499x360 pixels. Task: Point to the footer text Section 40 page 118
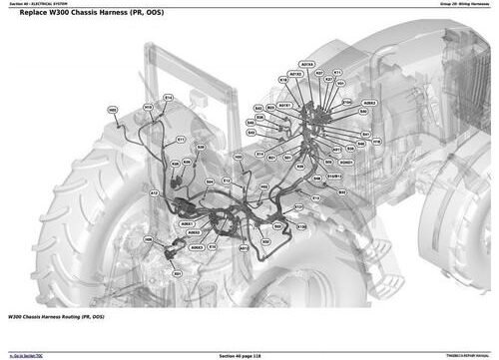click(247, 355)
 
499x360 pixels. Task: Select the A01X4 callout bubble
click(306, 65)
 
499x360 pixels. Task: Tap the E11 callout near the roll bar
click(181, 140)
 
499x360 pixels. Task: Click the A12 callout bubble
click(154, 191)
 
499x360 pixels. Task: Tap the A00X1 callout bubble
click(186, 225)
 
